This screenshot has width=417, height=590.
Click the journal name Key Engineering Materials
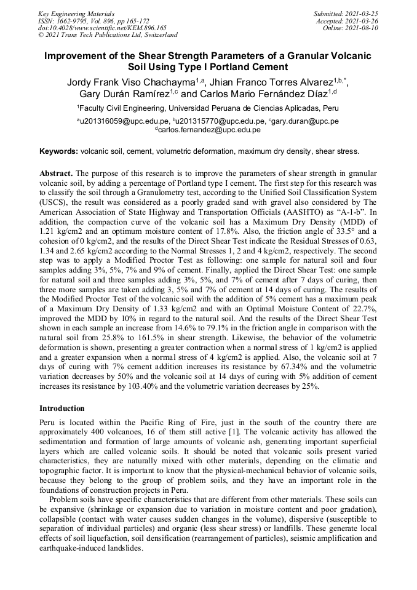click(x=76, y=14)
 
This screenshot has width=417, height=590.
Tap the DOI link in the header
click(x=102, y=28)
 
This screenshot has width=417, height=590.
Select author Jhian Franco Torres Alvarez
click(x=271, y=82)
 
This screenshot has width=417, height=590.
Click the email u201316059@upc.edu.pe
click(x=124, y=122)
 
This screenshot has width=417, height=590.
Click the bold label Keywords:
click(x=58, y=151)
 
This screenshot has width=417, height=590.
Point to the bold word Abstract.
click(x=57, y=174)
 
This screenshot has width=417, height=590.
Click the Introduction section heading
click(x=62, y=409)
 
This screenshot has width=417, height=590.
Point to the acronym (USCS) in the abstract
click(x=54, y=201)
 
